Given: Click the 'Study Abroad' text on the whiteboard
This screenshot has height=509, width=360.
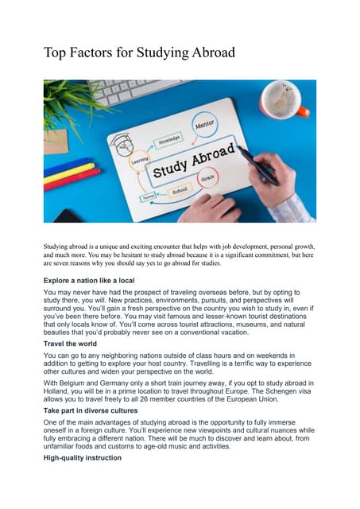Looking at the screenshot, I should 195,161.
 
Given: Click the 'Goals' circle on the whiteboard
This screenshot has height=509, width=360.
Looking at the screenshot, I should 229,180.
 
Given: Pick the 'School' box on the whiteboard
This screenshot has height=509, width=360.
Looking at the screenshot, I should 179,192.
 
